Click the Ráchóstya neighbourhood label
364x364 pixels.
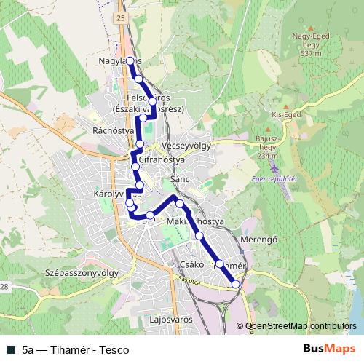click(x=109, y=131)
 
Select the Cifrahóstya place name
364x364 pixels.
click(x=162, y=158)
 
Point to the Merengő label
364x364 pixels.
click(x=260, y=240)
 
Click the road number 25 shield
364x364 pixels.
click(x=120, y=15)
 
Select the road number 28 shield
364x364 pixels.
click(x=3, y=288)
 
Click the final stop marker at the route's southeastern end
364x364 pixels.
click(x=235, y=284)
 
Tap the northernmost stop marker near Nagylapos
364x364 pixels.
click(x=130, y=61)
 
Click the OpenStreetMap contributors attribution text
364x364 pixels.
click(x=301, y=326)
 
